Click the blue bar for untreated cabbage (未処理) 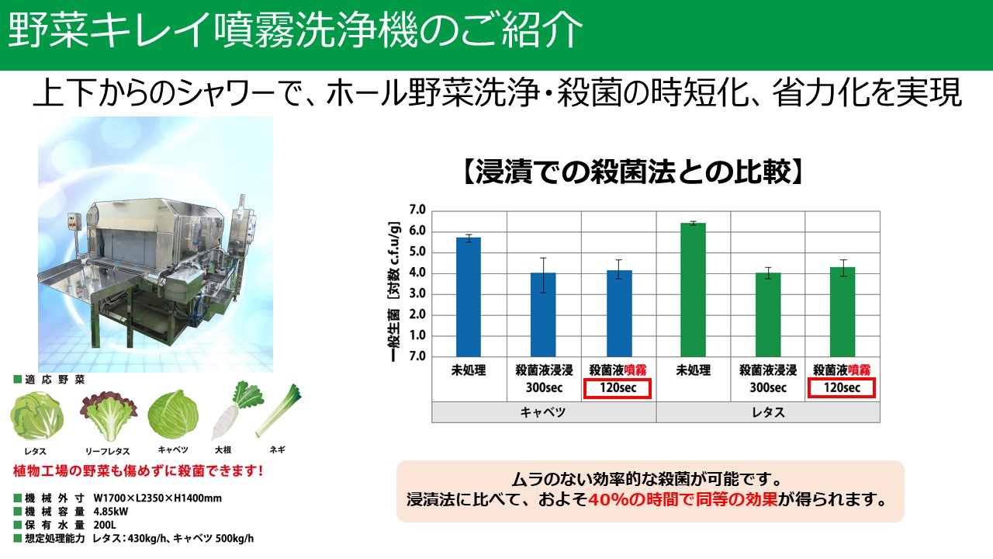pos(468,297)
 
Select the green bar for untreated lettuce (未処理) pos(693,290)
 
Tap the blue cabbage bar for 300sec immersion pos(543,314)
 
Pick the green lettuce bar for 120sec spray pos(842,312)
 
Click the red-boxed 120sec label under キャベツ pos(618,389)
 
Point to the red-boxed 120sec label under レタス pos(842,389)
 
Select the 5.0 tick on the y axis pos(417,252)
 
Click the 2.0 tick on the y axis pos(417,314)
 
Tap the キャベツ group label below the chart pos(543,412)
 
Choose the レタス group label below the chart pos(768,412)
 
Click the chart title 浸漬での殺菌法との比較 pos(633,172)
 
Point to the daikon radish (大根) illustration pos(237,411)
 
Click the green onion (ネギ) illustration pos(279,410)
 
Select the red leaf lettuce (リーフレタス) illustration pos(109,415)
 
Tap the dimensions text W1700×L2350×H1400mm pos(157,498)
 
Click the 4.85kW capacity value pos(111,512)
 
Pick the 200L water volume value pos(105,526)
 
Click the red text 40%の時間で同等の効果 pos(683,500)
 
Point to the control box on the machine pos(73,221)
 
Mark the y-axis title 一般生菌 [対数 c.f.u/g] pos(395,291)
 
